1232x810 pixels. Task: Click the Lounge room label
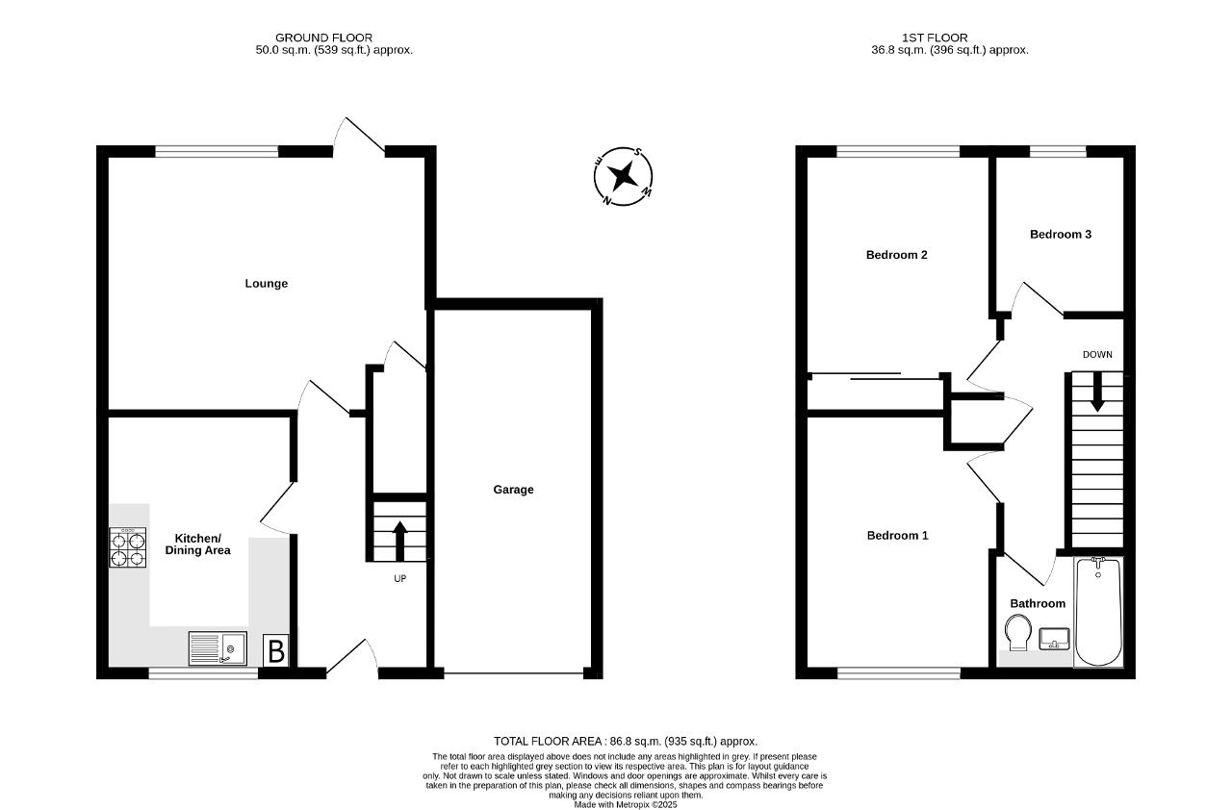click(267, 284)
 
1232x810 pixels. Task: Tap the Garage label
click(513, 490)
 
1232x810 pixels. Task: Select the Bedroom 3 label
click(1061, 235)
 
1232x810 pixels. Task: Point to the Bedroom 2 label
click(896, 255)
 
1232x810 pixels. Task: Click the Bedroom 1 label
click(898, 535)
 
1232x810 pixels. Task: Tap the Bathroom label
click(1038, 603)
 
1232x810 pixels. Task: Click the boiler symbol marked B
click(275, 650)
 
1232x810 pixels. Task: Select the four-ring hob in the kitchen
click(128, 547)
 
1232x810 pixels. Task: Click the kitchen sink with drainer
click(218, 648)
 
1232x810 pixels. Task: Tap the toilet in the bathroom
click(1018, 632)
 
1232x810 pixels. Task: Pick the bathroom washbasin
click(1054, 639)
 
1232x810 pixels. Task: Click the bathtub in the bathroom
click(1098, 612)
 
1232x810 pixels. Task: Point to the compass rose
click(623, 177)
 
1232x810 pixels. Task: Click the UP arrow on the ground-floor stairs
click(399, 541)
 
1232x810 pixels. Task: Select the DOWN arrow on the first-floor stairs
click(1097, 392)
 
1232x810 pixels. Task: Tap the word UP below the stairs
click(399, 579)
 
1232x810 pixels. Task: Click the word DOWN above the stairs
click(1097, 354)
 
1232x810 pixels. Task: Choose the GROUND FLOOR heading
click(324, 38)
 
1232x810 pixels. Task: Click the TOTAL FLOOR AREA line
click(626, 742)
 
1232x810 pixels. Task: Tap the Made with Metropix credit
click(626, 805)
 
